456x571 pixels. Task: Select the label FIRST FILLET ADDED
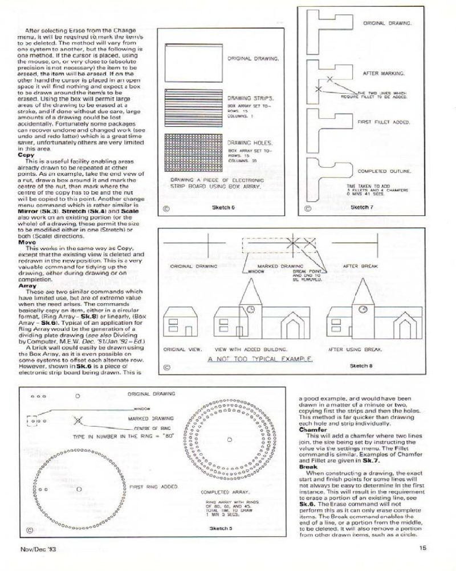(383, 122)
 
